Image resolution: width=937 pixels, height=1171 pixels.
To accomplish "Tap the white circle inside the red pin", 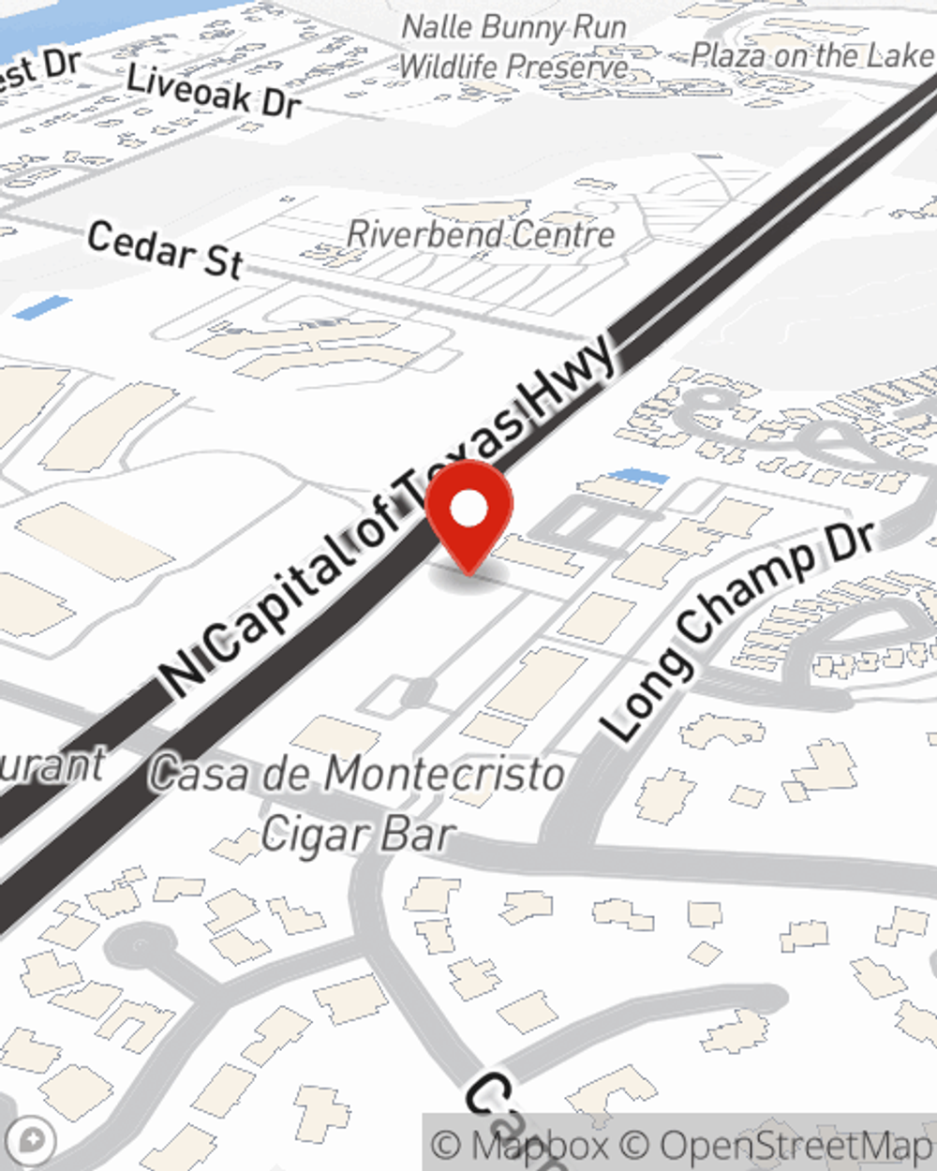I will point(468,510).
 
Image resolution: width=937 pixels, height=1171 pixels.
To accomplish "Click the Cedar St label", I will point(165,249).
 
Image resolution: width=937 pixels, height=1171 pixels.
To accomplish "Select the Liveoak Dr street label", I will point(213,92).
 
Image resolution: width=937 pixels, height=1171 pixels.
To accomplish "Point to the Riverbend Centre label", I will point(481,234).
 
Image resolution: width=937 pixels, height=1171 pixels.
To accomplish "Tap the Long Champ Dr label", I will point(739,630).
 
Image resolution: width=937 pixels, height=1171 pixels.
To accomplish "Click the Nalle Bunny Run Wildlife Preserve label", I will point(513,47).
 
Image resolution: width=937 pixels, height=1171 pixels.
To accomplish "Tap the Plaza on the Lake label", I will point(811,56).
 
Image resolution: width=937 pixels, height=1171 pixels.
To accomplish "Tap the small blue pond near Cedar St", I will point(42,307).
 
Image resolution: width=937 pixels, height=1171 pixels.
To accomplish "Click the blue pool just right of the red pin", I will point(639,477).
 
